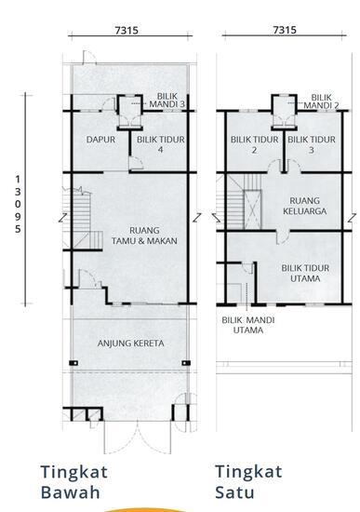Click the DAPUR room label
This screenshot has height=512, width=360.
pyautogui.click(x=100, y=140)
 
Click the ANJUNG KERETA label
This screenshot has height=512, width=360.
pyautogui.click(x=130, y=344)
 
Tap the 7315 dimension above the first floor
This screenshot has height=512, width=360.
pyautogui.click(x=285, y=31)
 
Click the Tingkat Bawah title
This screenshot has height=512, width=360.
pyautogui.click(x=75, y=481)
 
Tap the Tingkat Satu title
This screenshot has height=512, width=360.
pyautogui.click(x=248, y=481)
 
